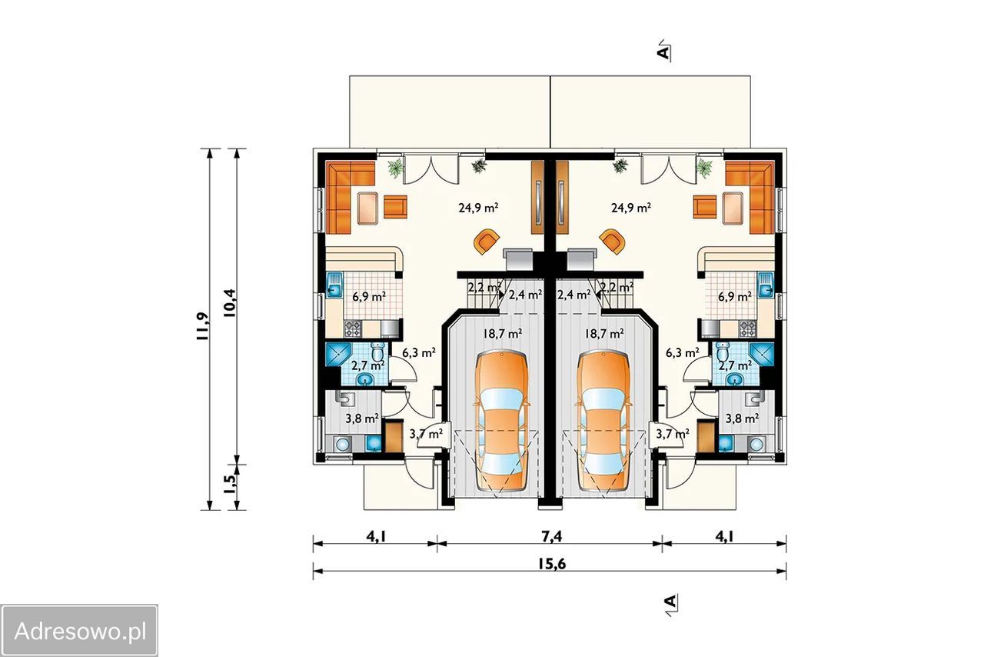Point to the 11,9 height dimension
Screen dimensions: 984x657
202,328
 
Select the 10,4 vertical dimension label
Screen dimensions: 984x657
229,303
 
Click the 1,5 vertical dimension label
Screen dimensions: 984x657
229,485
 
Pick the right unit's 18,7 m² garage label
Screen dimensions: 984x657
604,334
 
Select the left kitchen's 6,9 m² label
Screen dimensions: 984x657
369,297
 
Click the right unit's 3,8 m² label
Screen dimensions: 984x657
742,419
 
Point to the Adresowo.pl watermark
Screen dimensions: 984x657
79,632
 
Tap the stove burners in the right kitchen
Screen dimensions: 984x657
748,328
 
